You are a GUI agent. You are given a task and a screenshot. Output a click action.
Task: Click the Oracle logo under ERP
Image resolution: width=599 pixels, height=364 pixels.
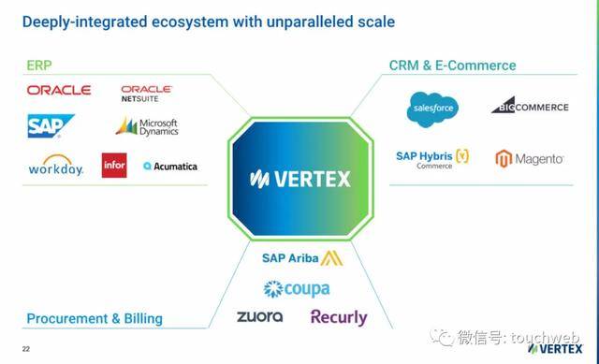click(59, 90)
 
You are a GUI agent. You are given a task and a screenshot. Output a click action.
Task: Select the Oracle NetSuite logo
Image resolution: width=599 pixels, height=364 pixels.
click(147, 93)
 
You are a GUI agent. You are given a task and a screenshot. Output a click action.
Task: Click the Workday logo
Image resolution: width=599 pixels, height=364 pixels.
click(56, 167)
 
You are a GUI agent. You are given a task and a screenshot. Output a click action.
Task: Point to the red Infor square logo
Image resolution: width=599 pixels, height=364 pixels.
click(114, 167)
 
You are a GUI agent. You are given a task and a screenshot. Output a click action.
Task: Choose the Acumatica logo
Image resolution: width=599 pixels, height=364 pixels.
click(170, 167)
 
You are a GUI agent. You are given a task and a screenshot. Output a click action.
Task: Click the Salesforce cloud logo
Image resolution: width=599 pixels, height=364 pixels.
click(432, 109)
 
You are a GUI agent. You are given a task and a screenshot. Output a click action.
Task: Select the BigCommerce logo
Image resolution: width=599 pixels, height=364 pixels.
click(530, 106)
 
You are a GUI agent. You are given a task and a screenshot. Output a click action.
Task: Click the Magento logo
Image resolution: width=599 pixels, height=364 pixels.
click(529, 158)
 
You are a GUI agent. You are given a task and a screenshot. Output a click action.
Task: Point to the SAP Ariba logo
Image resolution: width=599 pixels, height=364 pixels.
click(301, 257)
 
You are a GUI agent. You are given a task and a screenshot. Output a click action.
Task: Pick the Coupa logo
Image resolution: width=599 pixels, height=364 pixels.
click(297, 289)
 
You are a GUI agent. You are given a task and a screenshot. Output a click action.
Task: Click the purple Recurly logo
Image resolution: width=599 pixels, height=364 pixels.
click(339, 317)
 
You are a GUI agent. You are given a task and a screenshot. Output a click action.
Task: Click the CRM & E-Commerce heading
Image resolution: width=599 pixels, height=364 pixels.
click(452, 66)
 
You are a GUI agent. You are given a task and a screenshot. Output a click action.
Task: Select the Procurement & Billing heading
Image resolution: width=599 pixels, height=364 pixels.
click(95, 318)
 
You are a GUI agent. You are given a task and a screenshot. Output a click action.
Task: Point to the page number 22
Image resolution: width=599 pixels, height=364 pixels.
click(26, 349)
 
